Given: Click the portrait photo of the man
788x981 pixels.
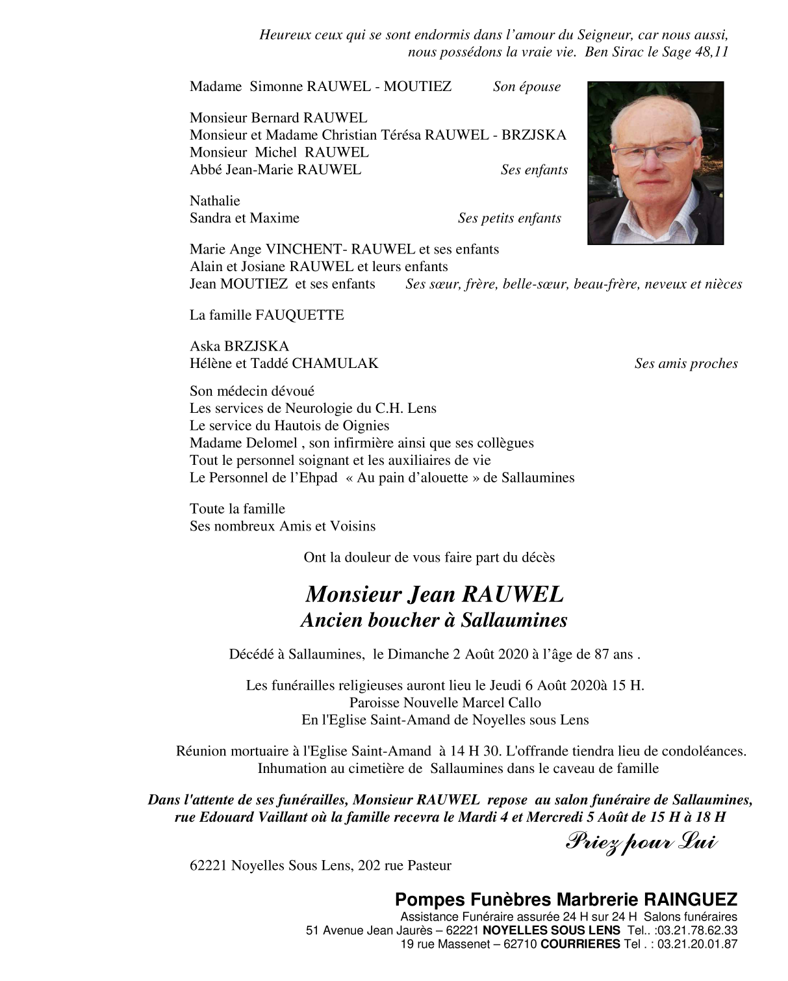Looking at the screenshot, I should point(655,163).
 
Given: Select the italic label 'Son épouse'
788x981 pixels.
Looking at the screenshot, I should point(526,87).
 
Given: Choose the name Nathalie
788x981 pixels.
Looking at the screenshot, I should point(214,201).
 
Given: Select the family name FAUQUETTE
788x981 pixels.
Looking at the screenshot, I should point(299,315).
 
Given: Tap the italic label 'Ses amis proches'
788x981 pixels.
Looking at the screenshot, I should point(685,364).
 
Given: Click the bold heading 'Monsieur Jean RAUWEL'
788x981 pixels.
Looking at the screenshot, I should point(434,595).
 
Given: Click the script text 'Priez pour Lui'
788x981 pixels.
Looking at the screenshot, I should point(641,843).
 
